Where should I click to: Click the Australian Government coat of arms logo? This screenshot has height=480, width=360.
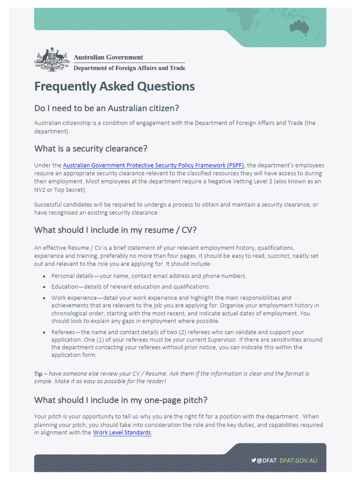52,59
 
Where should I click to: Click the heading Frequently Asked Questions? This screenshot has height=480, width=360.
114,87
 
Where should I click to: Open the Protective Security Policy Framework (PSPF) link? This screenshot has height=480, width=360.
153,165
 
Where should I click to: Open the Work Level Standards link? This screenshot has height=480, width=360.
122,433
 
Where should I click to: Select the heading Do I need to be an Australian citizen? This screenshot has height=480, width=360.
106,108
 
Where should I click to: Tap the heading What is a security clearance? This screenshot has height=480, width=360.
90,149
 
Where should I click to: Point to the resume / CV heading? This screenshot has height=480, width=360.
115,230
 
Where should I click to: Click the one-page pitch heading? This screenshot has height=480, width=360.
120,400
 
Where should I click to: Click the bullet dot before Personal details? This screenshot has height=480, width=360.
45,277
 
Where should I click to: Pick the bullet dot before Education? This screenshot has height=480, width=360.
45,287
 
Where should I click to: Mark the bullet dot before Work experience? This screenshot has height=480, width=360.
45,298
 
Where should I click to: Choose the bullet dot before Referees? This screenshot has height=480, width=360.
45,333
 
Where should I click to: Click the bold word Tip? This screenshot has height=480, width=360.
38,374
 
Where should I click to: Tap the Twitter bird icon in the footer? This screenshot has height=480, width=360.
254,460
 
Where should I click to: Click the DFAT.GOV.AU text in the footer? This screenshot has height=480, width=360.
299,460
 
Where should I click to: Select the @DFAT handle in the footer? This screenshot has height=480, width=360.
267,460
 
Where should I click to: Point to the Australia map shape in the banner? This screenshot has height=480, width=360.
299,27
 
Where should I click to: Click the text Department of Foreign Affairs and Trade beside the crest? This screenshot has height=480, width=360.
129,68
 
